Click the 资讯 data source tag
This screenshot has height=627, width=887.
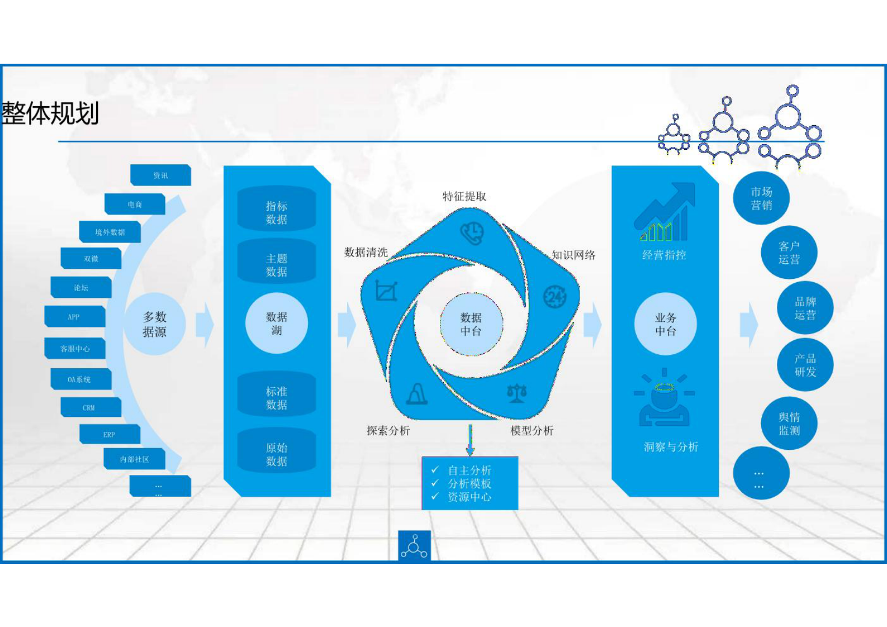(x=160, y=175)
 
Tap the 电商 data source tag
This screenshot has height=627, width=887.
(x=135, y=205)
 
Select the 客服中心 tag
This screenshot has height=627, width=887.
(x=75, y=349)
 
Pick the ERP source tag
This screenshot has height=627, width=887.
(x=109, y=434)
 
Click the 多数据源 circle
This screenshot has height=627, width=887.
(x=154, y=324)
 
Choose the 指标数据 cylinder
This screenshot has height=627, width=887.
(x=277, y=212)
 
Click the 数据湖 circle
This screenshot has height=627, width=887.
(x=277, y=324)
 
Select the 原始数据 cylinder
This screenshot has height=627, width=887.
(x=277, y=454)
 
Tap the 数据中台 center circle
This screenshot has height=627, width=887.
(x=471, y=324)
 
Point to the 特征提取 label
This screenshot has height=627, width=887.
(x=464, y=196)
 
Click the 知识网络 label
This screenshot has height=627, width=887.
(x=573, y=255)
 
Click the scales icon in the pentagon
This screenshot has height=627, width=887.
(x=516, y=393)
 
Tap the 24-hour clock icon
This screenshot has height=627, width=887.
(x=555, y=296)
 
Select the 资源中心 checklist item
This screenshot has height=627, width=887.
(x=469, y=497)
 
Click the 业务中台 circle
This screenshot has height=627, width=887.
(x=665, y=324)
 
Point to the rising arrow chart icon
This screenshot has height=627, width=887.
(x=665, y=212)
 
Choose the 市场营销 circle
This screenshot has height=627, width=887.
(x=761, y=198)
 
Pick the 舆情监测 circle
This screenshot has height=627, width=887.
(x=789, y=424)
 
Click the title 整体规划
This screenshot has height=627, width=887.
(x=50, y=113)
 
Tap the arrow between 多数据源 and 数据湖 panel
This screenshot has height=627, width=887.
(x=205, y=324)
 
